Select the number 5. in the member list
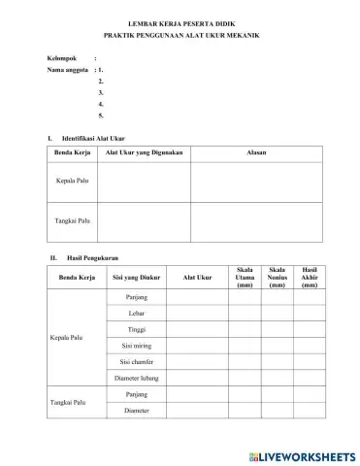pos(101,116)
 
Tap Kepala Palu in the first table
pos(68,182)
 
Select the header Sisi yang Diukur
pos(136,277)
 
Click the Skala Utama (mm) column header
pos(245,277)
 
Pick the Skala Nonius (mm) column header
pos(277,277)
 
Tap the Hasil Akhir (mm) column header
pos(309,277)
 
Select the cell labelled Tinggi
pos(136,329)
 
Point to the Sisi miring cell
pos(136,345)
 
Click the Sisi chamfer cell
pos(136,361)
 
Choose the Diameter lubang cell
pos(136,378)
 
